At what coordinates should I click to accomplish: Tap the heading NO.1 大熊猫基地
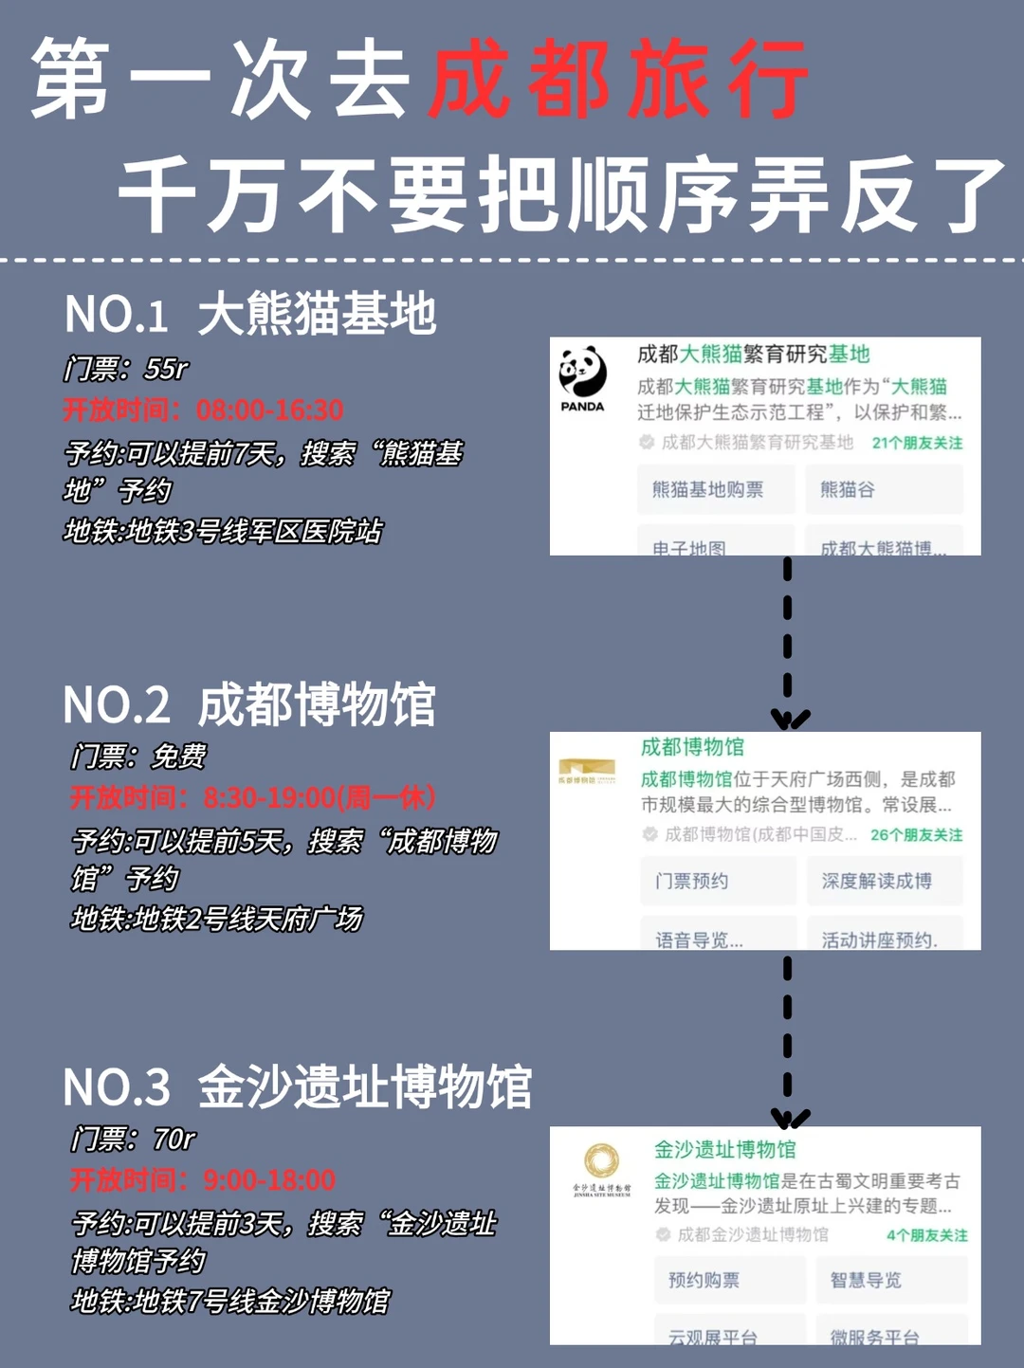tap(250, 314)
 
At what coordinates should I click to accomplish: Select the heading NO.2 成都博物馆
tap(249, 705)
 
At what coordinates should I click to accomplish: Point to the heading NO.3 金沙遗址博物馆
tap(297, 1087)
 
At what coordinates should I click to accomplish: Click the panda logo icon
tap(582, 373)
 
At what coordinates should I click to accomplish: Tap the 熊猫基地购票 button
tap(708, 489)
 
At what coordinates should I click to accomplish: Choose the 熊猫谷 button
tap(848, 489)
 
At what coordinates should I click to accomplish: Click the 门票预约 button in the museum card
tap(692, 881)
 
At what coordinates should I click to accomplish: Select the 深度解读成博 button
tap(877, 881)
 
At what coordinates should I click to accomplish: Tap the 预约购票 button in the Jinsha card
tap(704, 1280)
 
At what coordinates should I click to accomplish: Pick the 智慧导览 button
tap(866, 1280)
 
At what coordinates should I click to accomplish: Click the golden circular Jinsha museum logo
tap(601, 1160)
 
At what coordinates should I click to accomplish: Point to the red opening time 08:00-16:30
tap(270, 410)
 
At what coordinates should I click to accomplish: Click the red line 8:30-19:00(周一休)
tap(320, 797)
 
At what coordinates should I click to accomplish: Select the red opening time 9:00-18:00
tap(269, 1180)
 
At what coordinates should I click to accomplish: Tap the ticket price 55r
tap(167, 368)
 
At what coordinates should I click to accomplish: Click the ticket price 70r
tap(174, 1139)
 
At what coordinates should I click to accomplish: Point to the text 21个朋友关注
tap(917, 443)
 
